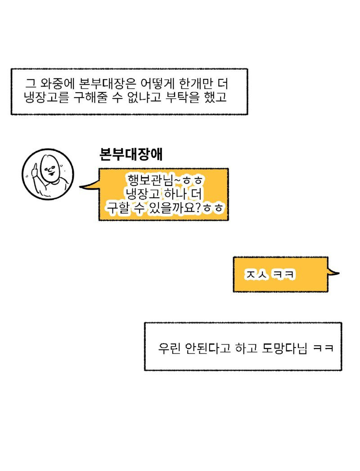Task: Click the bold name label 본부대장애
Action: [x=130, y=154]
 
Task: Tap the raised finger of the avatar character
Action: [x=34, y=169]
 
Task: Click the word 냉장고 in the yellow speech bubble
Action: [x=140, y=194]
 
